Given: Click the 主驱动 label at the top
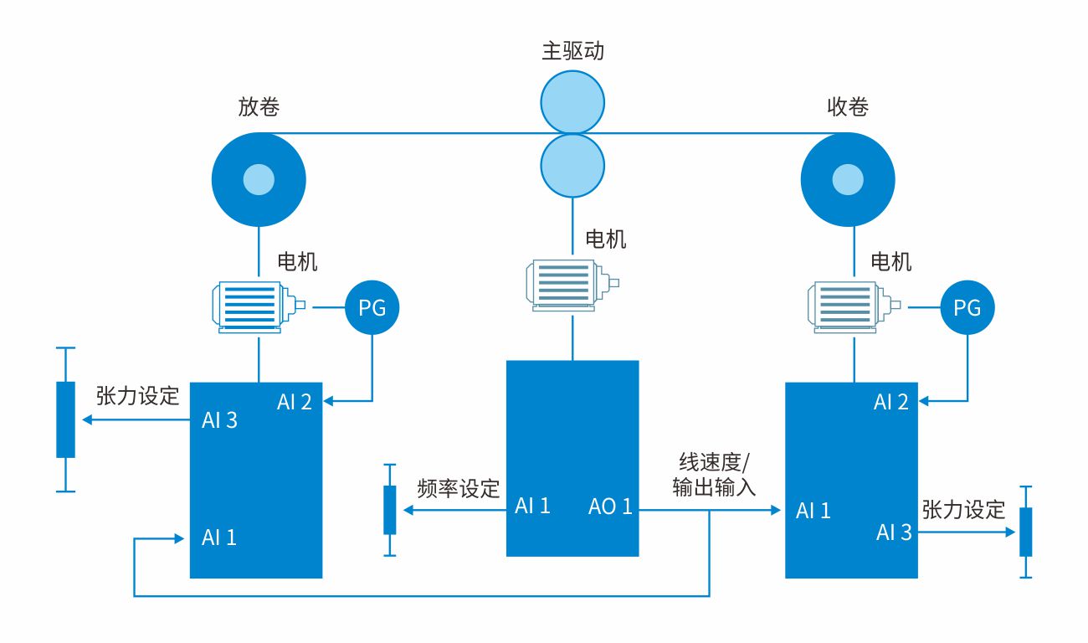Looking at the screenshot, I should point(572,51).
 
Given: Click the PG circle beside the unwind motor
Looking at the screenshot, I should point(372,308).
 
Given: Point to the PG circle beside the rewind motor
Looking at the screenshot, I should point(967,308).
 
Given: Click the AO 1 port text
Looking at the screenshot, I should point(610,506).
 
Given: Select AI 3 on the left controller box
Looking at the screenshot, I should point(219,420).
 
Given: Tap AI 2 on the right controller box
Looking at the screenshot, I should point(890,402).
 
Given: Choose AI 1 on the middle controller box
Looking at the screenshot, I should point(532,506).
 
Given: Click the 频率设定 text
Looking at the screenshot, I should point(458,489).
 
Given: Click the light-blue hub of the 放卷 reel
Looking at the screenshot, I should point(259,178).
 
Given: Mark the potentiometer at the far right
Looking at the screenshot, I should point(1026,532).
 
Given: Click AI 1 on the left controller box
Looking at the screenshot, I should point(219,538).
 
